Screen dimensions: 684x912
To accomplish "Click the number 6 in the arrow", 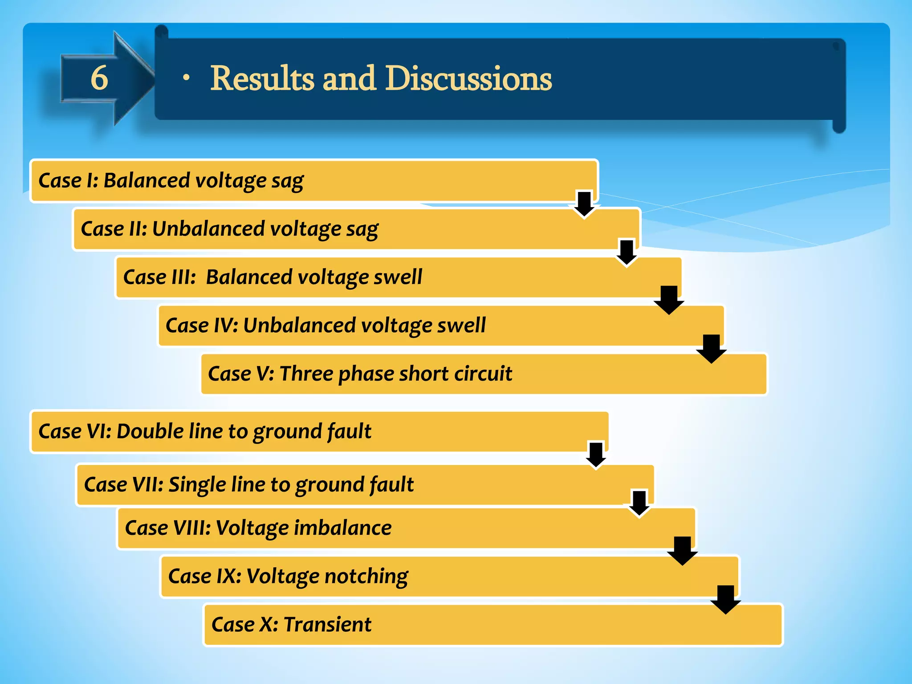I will click(x=99, y=78).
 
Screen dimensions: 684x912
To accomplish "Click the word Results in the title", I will click(x=262, y=79).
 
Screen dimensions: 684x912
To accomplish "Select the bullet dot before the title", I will click(x=186, y=78).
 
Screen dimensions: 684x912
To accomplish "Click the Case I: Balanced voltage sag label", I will click(x=171, y=181).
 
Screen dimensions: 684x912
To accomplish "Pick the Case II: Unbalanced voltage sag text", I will click(x=229, y=229).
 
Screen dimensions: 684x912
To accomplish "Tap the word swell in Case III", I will click(x=398, y=277).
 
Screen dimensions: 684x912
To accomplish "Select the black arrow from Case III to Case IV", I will click(x=669, y=300).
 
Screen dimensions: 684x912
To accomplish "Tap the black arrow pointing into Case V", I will click(x=711, y=348).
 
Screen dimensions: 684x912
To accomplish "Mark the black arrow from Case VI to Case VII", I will click(x=596, y=455).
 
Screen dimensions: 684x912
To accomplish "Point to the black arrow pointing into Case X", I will click(x=725, y=599).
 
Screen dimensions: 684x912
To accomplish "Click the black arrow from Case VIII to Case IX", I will click(x=682, y=550).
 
